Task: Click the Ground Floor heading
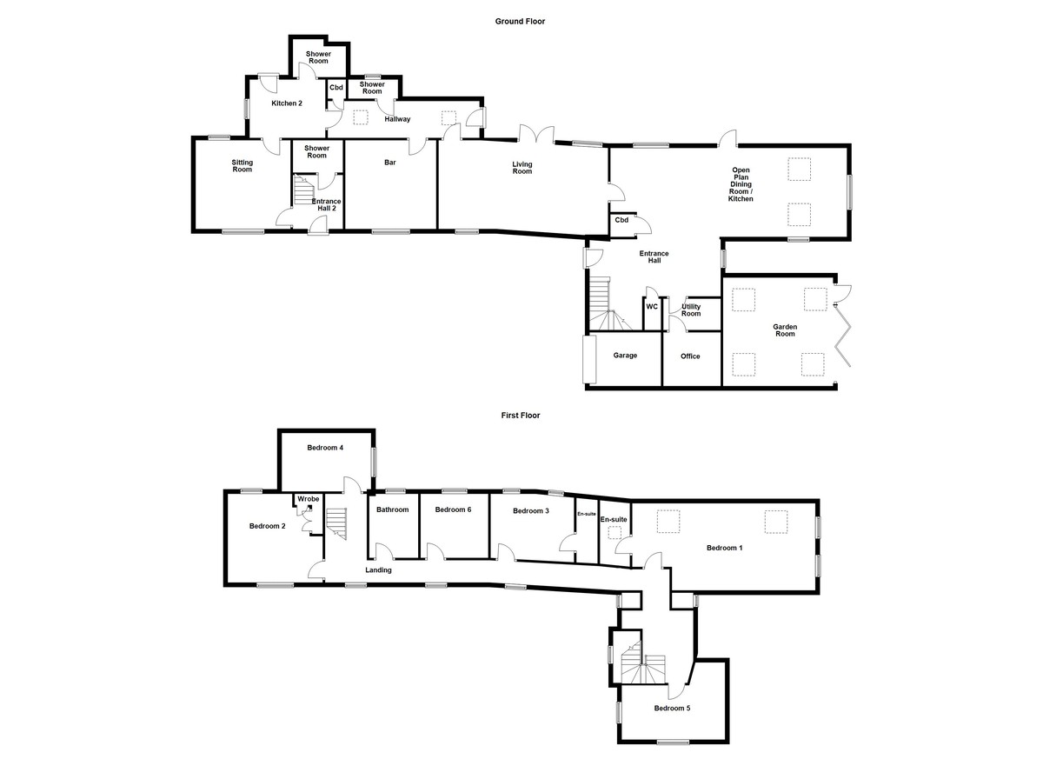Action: pos(520,21)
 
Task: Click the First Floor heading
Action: pos(520,416)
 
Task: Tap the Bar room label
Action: pos(390,162)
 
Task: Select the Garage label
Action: pos(626,356)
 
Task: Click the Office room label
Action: pos(690,356)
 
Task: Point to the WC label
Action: pos(652,306)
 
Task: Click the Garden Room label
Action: pos(785,330)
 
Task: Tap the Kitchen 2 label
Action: pos(287,103)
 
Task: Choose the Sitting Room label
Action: pos(242,165)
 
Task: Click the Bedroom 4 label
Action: pos(325,448)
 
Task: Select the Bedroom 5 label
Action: pos(672,708)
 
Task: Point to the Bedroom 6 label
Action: pos(453,509)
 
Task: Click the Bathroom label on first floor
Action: pos(392,509)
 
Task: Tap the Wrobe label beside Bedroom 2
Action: pos(308,499)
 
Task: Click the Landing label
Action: pos(378,570)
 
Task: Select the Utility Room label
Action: pos(691,310)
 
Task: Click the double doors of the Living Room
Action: pos(537,135)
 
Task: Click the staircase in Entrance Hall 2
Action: pos(303,190)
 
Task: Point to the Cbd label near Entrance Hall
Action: pos(621,220)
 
